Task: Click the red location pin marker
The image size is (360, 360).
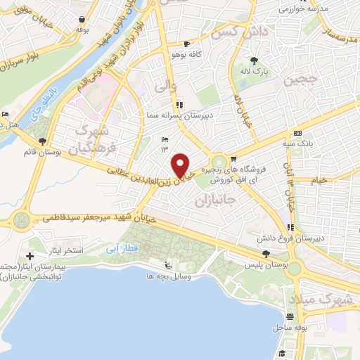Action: click(x=181, y=165)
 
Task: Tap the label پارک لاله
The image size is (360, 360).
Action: click(x=255, y=71)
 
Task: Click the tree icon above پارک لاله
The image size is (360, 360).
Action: click(x=254, y=60)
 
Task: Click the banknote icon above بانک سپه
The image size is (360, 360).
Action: click(x=298, y=133)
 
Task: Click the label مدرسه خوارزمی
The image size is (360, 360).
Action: click(x=315, y=9)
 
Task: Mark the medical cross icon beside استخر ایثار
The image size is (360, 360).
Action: click(x=30, y=256)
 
